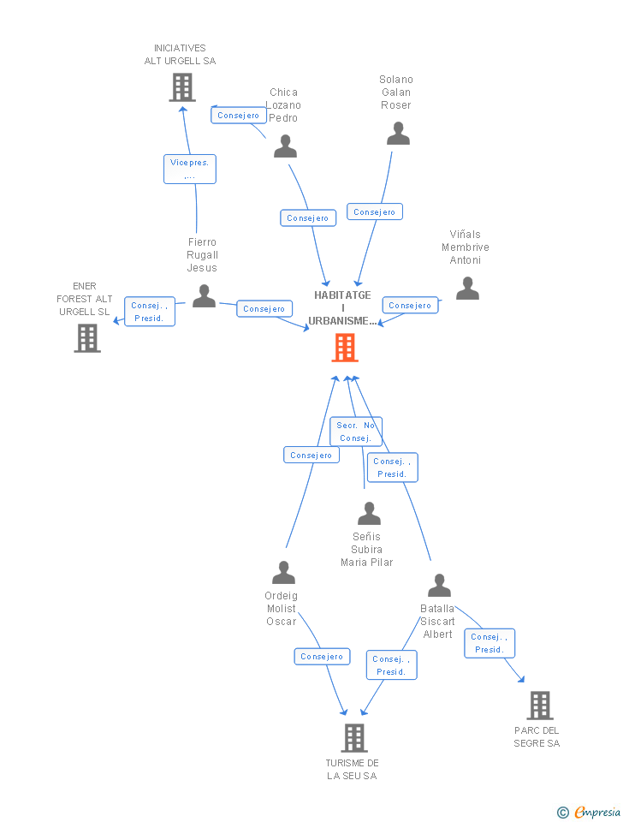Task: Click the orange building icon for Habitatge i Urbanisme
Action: pos(345,348)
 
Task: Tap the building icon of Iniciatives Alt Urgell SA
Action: pos(181,87)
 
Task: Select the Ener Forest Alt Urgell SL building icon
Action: pos(87,338)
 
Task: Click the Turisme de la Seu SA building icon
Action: pos(353,737)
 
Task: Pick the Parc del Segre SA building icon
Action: pos(539,706)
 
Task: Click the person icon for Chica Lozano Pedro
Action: pos(285,146)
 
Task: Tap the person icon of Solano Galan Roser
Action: pos(398,134)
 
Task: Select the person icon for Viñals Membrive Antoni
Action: pos(467,289)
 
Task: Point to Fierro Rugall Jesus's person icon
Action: pos(204,296)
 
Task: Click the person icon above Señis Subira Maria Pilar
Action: pos(369,514)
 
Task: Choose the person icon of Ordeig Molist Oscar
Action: pos(283,573)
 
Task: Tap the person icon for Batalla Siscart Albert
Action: pos(439,586)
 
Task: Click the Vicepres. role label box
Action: pos(190,169)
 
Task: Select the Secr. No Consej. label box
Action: pos(356,432)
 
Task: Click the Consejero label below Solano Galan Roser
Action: pos(375,211)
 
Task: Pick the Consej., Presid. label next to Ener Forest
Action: pos(150,312)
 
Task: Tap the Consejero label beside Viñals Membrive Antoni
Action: pos(410,306)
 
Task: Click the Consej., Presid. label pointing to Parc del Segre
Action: pos(489,643)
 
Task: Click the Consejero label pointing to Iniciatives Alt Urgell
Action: pos(239,116)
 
